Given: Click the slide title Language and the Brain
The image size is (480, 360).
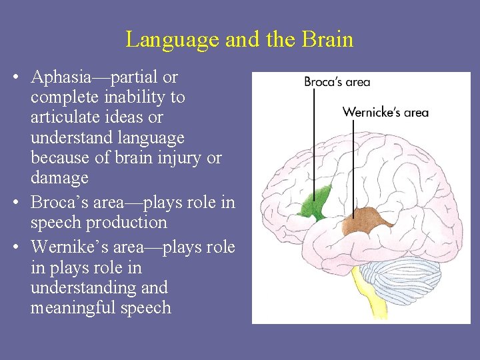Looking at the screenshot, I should (x=239, y=39).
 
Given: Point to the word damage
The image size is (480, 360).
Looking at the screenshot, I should (x=59, y=178).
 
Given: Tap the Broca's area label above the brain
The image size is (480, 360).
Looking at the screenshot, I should (x=337, y=82).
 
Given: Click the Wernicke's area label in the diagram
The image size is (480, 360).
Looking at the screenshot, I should (x=385, y=112).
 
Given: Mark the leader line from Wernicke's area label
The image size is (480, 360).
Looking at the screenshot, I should (x=354, y=167).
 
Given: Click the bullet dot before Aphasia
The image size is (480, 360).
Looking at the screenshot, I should (x=16, y=77).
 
